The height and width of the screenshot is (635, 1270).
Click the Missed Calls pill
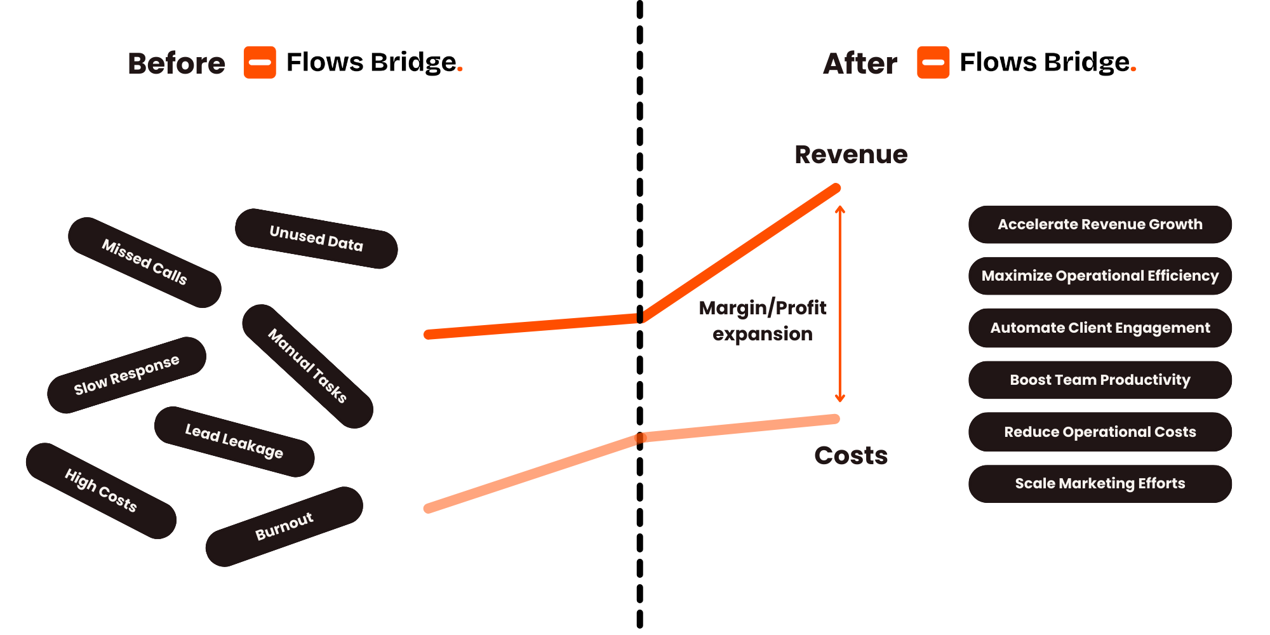tap(145, 262)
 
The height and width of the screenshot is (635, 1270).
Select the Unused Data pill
tap(316, 238)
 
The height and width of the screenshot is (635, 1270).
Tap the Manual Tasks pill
tap(307, 366)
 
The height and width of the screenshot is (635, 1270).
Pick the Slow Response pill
tap(126, 375)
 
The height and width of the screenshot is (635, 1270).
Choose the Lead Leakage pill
tap(234, 441)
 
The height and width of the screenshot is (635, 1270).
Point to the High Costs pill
tap(101, 490)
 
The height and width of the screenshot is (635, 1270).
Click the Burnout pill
tap(284, 526)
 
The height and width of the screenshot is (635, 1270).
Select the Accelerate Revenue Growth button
tap(1100, 224)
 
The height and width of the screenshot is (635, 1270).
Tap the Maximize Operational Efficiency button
tap(1100, 276)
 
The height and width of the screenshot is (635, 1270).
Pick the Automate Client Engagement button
tap(1100, 328)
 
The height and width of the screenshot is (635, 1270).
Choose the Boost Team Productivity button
tap(1100, 380)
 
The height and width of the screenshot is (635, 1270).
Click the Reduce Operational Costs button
tap(1100, 432)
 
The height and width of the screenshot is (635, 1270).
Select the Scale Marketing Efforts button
tap(1100, 483)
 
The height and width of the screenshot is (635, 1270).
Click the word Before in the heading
tap(177, 63)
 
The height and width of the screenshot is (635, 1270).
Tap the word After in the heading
tap(860, 63)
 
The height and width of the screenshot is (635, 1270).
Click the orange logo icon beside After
tap(933, 62)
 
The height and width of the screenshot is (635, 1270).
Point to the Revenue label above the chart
tap(851, 154)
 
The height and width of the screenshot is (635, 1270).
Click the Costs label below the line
tap(851, 455)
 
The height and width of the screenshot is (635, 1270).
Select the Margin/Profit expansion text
tap(763, 321)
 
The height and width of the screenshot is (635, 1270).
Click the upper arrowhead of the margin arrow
tap(840, 209)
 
